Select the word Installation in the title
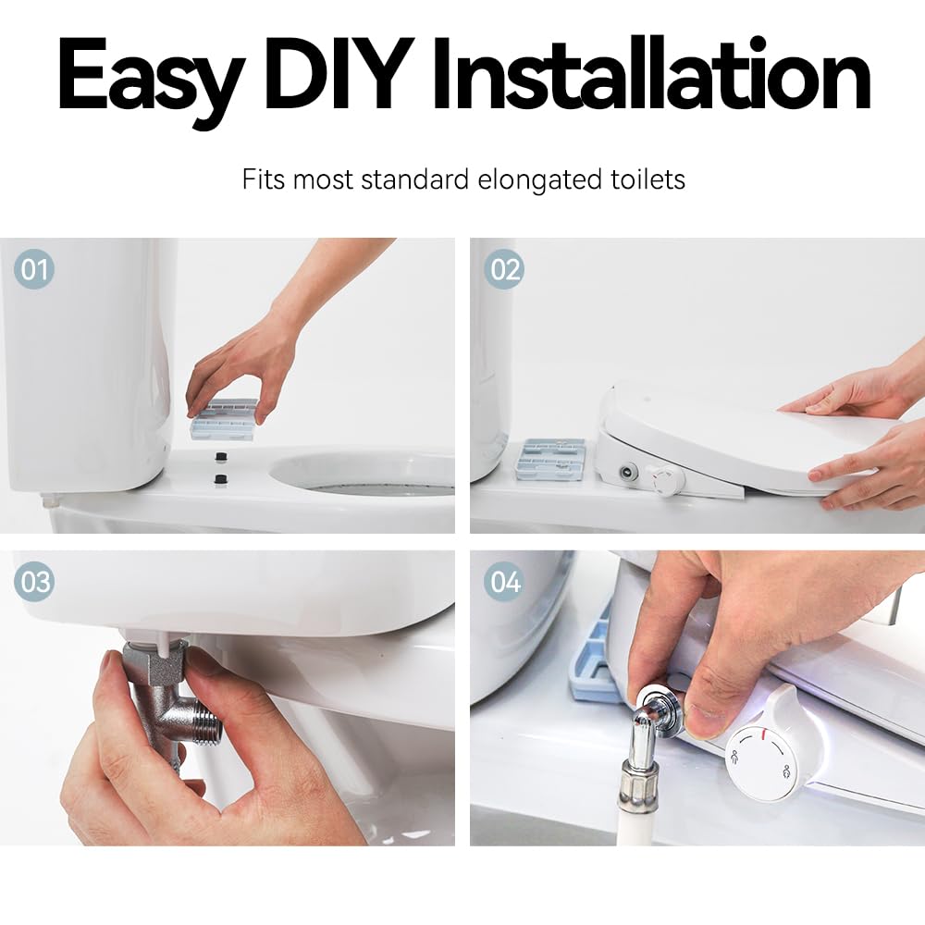pos(650,74)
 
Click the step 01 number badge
pos(33,269)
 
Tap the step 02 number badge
pos(504,269)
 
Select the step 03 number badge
pos(33,582)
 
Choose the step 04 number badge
pos(504,582)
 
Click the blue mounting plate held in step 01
pos(224,420)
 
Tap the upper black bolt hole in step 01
pos(222,457)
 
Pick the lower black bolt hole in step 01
pos(221,478)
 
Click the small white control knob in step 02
pos(667,478)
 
